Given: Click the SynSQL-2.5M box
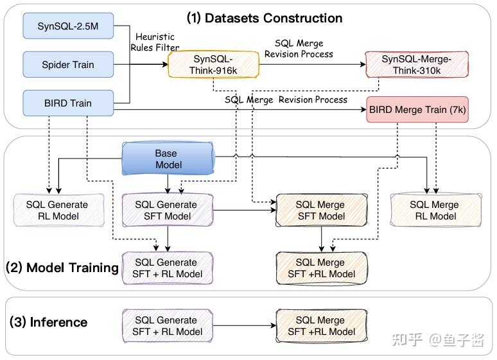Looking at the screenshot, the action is pos(68,26).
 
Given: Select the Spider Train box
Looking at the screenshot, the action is pos(68,65).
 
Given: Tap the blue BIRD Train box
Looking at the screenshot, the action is pos(68,103).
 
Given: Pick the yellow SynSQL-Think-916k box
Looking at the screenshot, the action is pos(213,65).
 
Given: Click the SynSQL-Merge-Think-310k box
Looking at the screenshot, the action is pos(417,65).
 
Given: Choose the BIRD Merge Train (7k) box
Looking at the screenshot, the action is pos(417,110).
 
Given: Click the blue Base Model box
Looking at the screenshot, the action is pos(168,159).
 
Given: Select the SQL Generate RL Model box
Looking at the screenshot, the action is pos(58,210).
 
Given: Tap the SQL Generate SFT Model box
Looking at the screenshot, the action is pos(168,210).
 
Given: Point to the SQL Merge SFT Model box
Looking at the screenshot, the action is pos(322,210).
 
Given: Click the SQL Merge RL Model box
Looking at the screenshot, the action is pos(436,210).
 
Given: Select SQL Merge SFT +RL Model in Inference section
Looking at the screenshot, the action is pos(322,326).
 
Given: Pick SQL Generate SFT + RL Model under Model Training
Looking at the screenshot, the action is pos(168,268).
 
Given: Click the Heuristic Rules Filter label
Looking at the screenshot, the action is pos(155,42).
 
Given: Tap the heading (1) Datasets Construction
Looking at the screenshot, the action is pos(265,18).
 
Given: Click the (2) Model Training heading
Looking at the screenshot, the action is pos(62,268).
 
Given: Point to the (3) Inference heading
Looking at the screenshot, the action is pos(49,322).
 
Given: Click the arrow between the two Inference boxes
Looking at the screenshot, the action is pos(245,325).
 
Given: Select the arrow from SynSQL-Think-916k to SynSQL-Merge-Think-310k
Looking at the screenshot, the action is pos(312,64).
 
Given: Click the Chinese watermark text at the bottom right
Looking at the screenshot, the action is pos(439,339).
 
